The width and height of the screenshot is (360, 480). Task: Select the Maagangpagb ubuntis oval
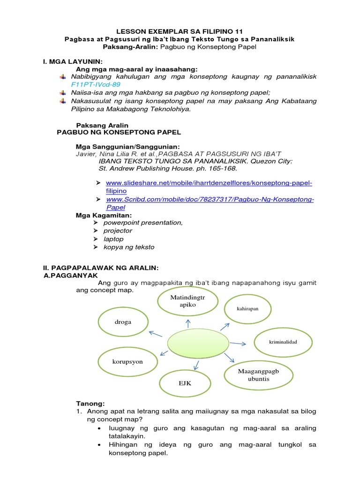point(259,375)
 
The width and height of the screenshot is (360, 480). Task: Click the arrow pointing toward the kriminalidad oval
point(238,344)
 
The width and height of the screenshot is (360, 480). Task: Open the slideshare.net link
point(209,183)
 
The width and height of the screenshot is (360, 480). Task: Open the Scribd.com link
point(210,200)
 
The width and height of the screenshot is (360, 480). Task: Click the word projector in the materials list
point(118,231)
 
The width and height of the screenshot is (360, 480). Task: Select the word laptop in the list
point(113,239)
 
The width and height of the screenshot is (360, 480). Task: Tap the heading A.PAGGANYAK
point(70,276)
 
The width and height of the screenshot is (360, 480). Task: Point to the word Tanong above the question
point(90,404)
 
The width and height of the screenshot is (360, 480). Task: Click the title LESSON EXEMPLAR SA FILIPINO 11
point(180,31)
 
